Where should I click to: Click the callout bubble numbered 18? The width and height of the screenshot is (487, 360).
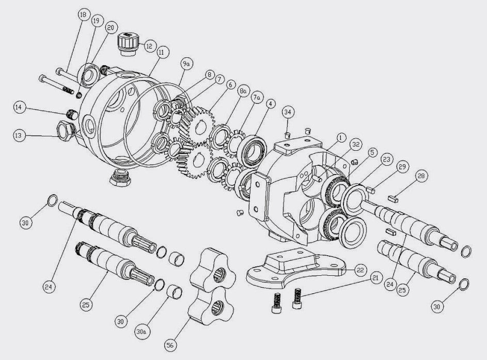83,15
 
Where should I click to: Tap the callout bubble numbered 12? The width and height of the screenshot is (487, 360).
149,45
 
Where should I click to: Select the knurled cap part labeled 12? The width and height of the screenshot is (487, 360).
127,41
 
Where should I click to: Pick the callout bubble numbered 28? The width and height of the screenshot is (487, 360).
421,177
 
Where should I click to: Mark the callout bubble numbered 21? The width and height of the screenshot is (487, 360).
374,278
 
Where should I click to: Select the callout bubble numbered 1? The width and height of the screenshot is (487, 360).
340,137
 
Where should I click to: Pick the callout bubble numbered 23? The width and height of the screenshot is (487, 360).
387,160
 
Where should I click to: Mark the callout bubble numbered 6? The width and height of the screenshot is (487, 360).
230,85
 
